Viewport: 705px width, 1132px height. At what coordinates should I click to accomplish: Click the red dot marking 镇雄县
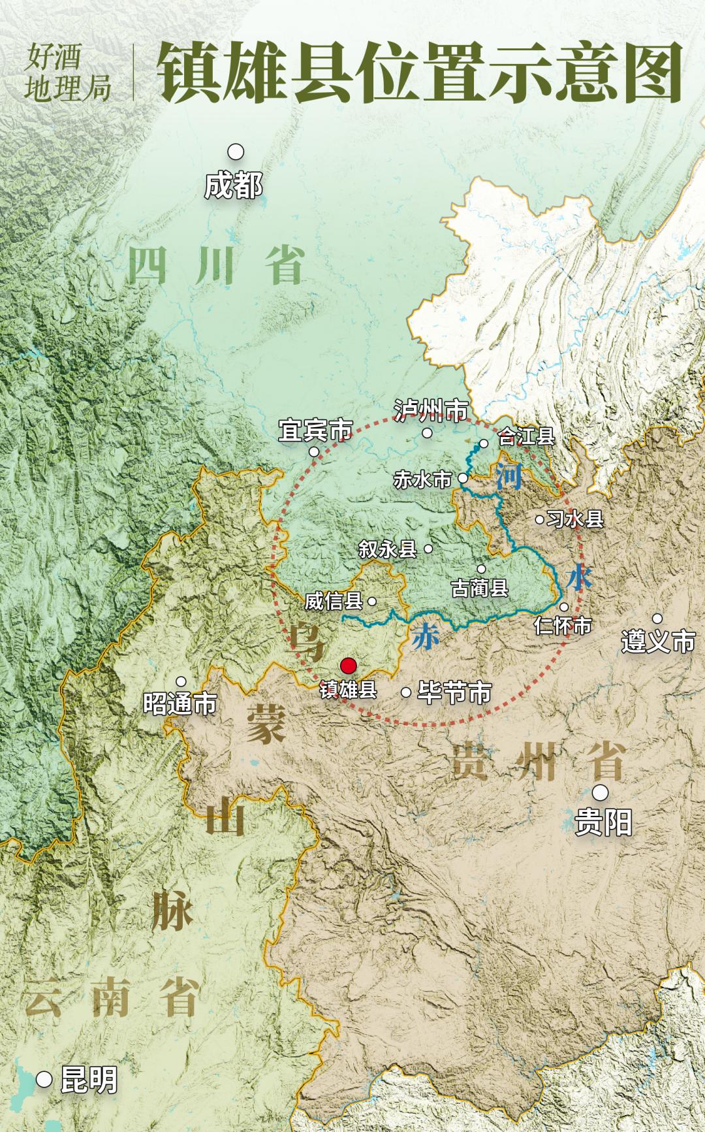[349, 666]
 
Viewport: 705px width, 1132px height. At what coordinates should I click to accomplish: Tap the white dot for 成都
[236, 152]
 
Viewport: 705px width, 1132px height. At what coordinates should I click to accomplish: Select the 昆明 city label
[89, 1080]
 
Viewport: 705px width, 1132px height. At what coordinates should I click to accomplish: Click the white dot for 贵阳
[600, 792]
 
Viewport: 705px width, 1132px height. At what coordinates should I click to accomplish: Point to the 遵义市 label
[658, 641]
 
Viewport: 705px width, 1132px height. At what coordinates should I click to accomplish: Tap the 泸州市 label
[431, 411]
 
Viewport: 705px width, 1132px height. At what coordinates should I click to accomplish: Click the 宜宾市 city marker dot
[314, 451]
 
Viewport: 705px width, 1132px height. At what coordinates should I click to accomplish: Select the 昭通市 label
[180, 704]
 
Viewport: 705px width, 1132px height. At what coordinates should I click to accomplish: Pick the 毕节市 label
[454, 692]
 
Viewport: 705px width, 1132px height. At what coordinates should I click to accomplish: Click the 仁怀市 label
[563, 626]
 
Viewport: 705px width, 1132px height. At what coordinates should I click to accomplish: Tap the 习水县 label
[575, 519]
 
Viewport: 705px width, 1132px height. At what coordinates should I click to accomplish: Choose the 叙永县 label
[388, 549]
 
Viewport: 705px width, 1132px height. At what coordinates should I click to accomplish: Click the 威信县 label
[334, 601]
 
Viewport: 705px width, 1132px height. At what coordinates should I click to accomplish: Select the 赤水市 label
[422, 479]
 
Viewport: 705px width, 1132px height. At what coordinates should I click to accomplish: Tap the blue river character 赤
[425, 636]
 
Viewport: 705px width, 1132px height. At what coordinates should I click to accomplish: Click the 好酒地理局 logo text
[67, 72]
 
